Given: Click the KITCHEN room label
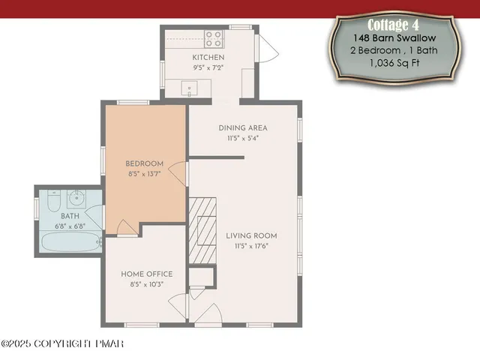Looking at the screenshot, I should [208, 58].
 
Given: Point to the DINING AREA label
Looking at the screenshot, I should [242, 127].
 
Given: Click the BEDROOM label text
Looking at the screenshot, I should [143, 163].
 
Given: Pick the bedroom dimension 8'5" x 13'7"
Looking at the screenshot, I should [143, 173].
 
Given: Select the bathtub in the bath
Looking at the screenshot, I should [70, 242].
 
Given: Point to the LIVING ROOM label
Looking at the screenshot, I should [251, 235].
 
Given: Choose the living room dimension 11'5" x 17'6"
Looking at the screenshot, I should [251, 245].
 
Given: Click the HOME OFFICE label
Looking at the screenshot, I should [146, 274].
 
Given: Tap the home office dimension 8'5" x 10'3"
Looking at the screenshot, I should [146, 283].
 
